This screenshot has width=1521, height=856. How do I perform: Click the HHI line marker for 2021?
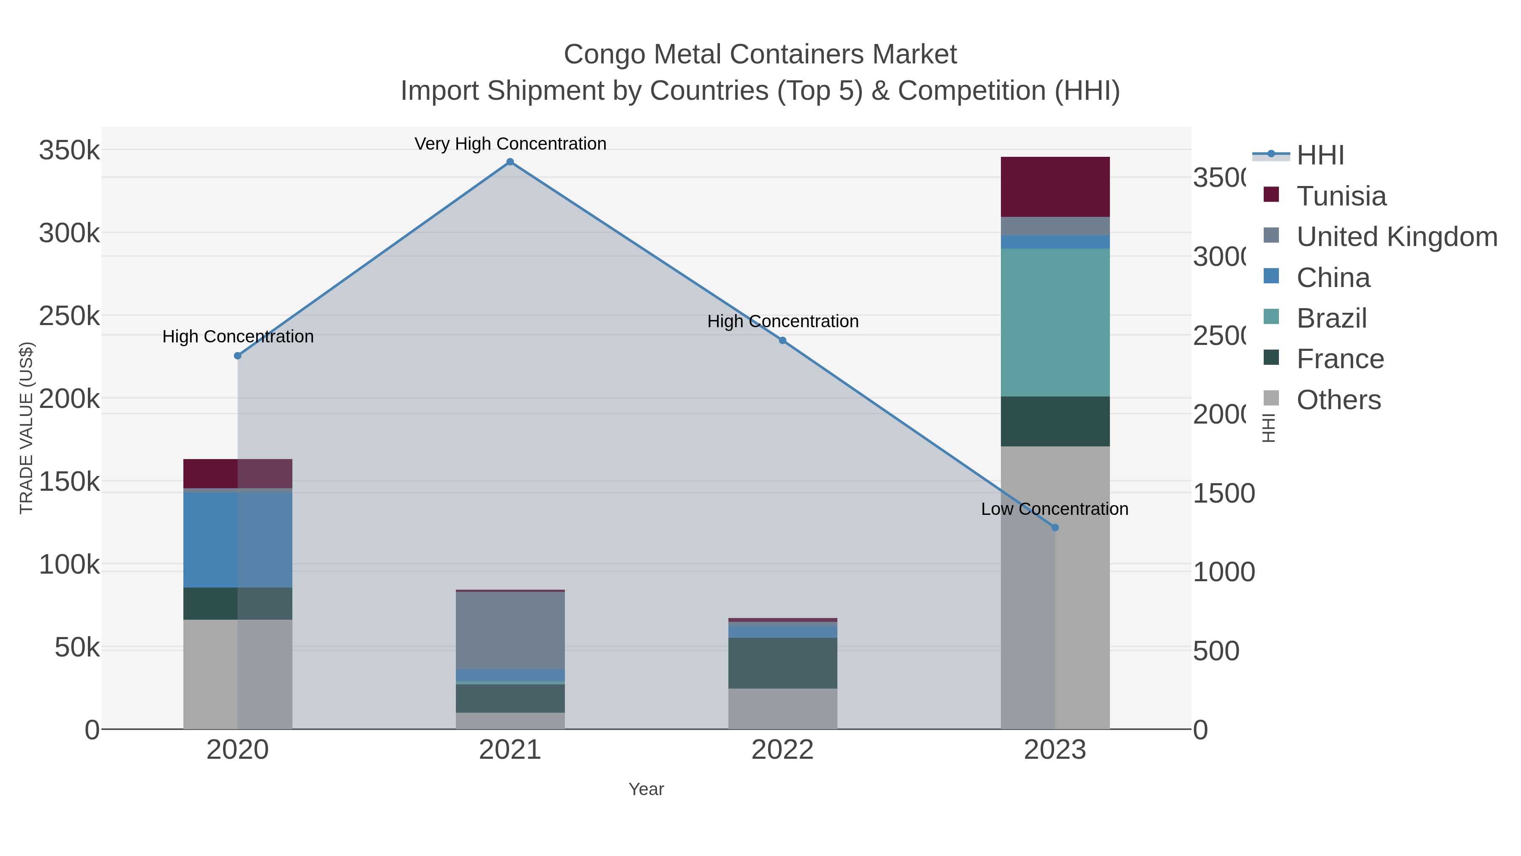click(510, 162)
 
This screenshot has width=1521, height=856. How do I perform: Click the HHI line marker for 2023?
click(1055, 528)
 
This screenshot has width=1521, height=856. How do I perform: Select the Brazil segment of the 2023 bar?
click(1055, 322)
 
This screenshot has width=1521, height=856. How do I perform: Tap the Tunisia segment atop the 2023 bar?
click(1055, 187)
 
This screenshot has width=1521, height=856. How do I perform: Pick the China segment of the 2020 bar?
click(238, 540)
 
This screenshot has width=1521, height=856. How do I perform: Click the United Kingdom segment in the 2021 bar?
click(510, 630)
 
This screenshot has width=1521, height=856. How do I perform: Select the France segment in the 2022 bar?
click(782, 663)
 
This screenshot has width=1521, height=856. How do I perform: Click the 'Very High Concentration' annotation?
click(510, 144)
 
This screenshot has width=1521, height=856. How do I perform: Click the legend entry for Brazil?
click(1331, 318)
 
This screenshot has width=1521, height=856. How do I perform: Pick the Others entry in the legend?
click(1338, 400)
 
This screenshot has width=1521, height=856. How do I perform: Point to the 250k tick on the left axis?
click(69, 316)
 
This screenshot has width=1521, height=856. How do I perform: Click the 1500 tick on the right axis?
click(1224, 493)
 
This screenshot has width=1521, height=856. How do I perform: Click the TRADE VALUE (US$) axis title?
click(27, 428)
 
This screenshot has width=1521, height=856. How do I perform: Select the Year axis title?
click(646, 789)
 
